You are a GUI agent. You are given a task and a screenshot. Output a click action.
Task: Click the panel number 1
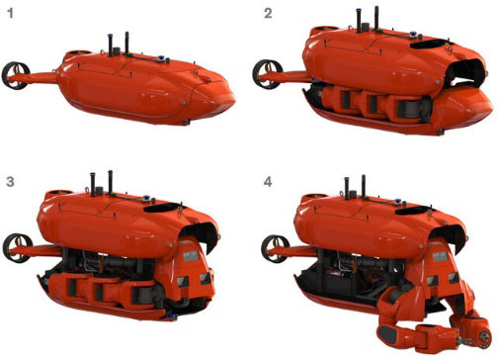pyautogui.click(x=10, y=14)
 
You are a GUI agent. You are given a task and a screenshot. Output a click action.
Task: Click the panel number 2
pyautogui.click(x=268, y=14)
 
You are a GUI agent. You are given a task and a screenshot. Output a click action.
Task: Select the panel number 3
pyautogui.click(x=10, y=182)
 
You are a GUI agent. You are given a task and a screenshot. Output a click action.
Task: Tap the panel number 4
pyautogui.click(x=268, y=182)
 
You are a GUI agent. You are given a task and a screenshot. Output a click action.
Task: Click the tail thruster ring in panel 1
pyautogui.click(x=16, y=75)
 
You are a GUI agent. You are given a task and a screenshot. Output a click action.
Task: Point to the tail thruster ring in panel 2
pyautogui.click(x=267, y=74)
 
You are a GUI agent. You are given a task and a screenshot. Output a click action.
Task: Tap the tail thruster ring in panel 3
pyautogui.click(x=17, y=248)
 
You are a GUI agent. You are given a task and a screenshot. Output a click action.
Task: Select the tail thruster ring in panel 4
pyautogui.click(x=276, y=249)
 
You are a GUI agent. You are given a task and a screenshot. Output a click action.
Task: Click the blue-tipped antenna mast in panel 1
pyautogui.click(x=111, y=45)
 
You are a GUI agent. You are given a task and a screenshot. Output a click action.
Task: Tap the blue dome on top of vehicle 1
pyautogui.click(x=161, y=58)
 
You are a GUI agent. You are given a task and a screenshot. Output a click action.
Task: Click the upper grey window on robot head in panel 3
pyautogui.click(x=191, y=256)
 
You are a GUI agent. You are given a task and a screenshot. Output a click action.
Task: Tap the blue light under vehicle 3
pyautogui.click(x=172, y=317)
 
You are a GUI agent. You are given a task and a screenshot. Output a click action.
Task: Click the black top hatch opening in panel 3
pyautogui.click(x=163, y=208)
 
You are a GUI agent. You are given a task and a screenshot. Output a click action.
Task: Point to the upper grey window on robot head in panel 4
pyautogui.click(x=440, y=256)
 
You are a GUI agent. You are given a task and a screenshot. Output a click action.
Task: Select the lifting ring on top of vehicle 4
pyautogui.click(x=345, y=192)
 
